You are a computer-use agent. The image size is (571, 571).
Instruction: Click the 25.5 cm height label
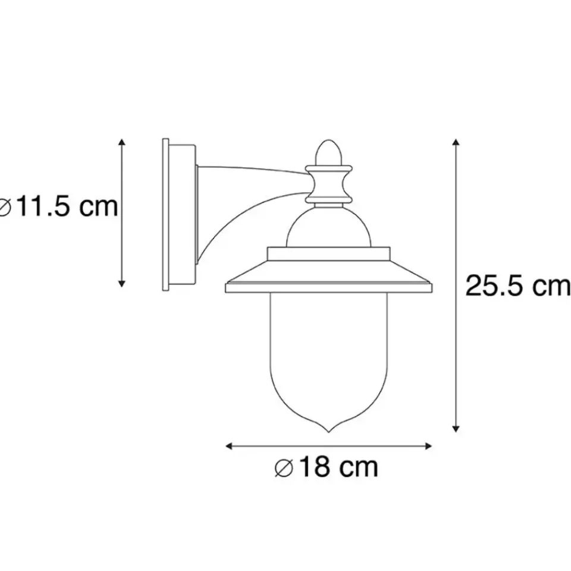click(516, 286)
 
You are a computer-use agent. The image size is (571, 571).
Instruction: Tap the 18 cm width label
click(326, 468)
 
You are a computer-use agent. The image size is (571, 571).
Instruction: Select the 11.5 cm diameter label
click(58, 208)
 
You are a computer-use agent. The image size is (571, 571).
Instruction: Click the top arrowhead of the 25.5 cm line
click(456, 143)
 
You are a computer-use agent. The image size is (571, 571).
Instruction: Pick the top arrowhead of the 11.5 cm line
click(122, 143)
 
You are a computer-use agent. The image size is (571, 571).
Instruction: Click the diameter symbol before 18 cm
click(283, 469)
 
